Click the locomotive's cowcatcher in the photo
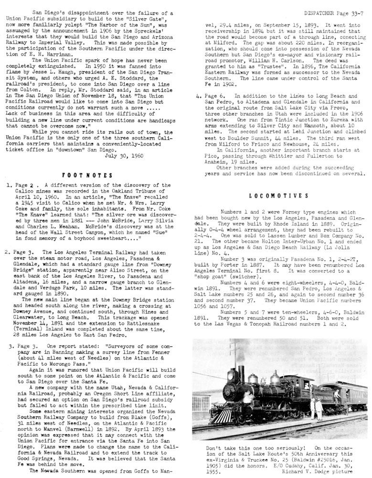tap(221, 414)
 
